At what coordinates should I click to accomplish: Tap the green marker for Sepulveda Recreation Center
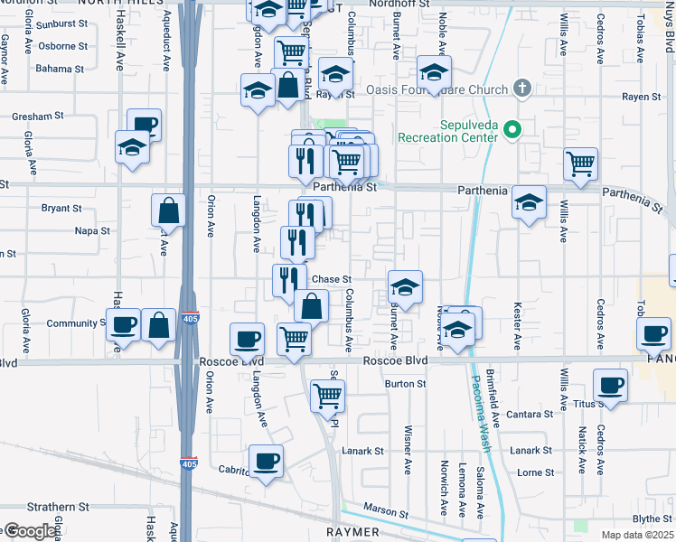512,131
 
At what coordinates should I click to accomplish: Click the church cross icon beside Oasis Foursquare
521,89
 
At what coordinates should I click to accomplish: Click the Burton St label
405,384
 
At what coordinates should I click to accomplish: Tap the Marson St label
386,514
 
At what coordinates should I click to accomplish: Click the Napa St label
92,231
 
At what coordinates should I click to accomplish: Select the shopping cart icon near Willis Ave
580,164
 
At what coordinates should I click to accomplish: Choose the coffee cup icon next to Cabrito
266,461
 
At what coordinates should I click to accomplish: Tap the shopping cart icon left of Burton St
327,394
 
